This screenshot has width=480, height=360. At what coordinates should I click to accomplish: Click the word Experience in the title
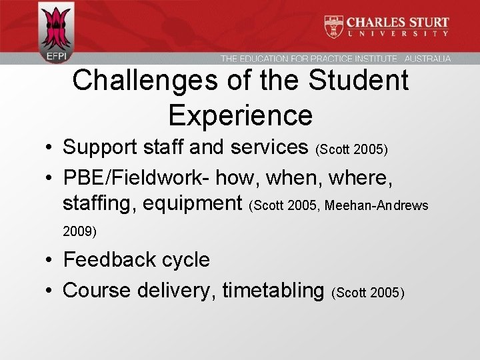[x=240, y=115]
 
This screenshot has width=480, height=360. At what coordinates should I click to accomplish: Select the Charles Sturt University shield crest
[x=333, y=26]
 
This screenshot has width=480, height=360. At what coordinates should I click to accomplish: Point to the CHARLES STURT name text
[x=397, y=22]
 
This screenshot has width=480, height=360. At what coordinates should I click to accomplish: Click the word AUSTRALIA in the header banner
[x=427, y=59]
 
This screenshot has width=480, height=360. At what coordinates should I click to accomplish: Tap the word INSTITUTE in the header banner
[x=373, y=59]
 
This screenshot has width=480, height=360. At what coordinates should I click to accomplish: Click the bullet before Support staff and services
[x=51, y=146]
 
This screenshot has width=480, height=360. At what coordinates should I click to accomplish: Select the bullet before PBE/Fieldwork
[x=51, y=178]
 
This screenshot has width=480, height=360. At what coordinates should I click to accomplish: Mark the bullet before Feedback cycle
[x=51, y=259]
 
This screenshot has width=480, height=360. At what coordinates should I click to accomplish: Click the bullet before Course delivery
[x=51, y=291]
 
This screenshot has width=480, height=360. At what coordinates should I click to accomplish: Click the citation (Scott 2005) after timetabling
[x=367, y=293]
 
